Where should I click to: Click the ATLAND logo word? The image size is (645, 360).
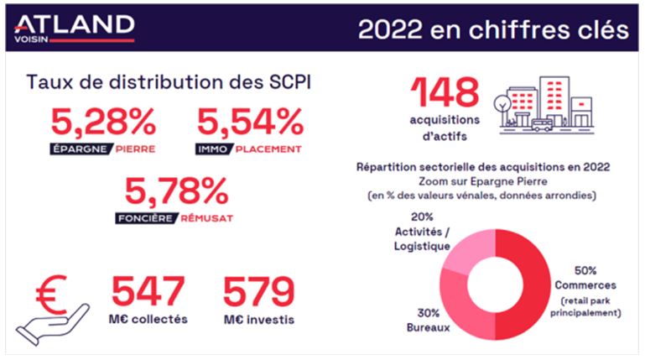74,24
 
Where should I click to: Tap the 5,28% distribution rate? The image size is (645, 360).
103,122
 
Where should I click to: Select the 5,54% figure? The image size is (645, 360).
250,122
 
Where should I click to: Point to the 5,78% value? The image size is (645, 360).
176,190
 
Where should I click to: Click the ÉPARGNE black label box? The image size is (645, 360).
81,149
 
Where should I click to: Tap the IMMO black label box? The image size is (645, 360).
214,149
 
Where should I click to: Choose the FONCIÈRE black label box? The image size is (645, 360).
147,218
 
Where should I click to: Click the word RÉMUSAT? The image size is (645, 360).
207,218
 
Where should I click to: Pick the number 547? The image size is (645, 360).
148,291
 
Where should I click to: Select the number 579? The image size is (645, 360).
258,291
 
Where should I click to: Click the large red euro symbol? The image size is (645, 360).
51,295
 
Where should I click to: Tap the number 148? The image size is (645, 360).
445,92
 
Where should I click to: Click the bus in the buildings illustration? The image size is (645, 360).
541,125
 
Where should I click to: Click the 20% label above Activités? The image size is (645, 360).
422,217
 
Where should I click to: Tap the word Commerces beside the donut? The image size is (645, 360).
585,285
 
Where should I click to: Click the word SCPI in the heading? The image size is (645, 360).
290,82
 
